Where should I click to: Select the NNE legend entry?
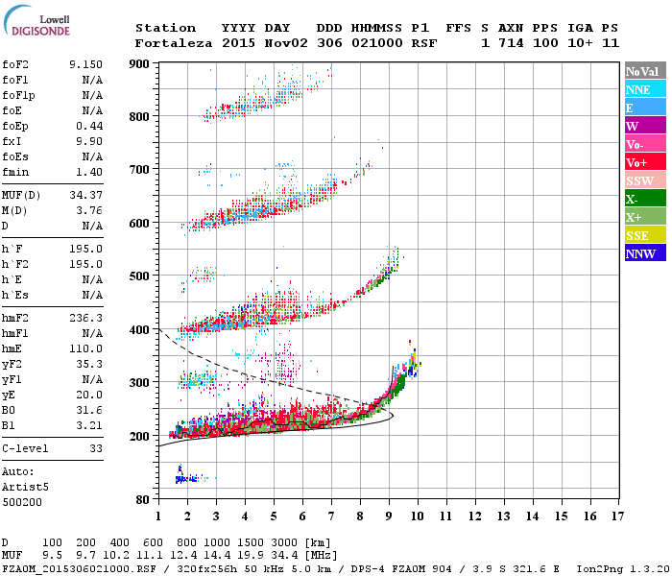pos(638,89)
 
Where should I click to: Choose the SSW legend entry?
pos(638,180)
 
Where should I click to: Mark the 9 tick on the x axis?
pos(389,516)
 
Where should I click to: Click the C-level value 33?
pos(96,448)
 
